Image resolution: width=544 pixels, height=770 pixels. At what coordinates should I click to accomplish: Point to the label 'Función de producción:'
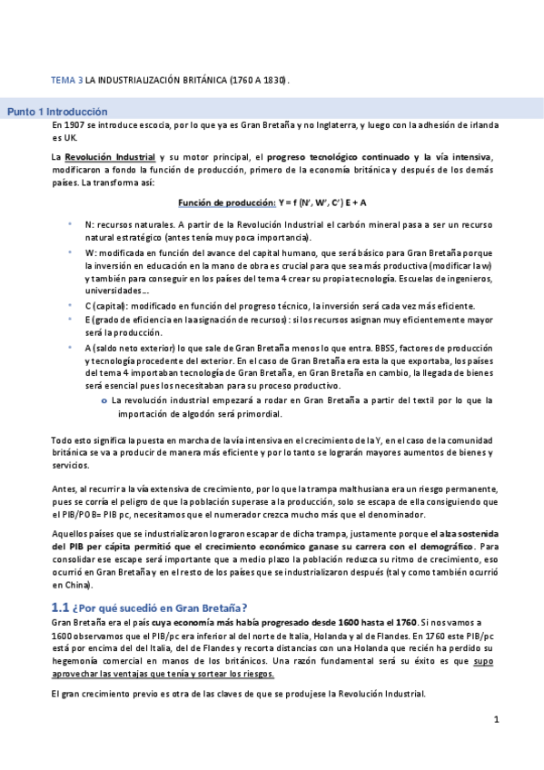(226, 202)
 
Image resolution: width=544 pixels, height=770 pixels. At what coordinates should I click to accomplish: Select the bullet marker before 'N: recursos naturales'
(70, 223)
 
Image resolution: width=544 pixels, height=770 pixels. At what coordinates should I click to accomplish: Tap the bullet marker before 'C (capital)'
(70, 306)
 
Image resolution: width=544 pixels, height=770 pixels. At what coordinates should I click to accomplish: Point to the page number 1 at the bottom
(496, 720)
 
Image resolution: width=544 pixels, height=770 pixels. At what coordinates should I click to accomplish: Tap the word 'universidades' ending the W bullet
(114, 291)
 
